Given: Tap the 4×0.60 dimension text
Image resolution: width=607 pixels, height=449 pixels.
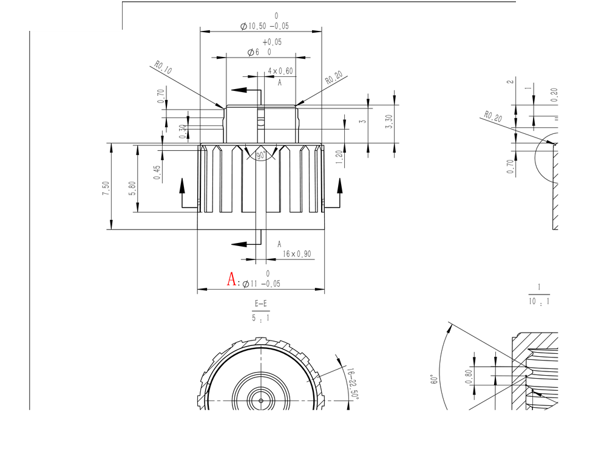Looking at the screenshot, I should [280, 71].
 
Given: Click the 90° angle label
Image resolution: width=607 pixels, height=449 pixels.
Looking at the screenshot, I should [262, 156].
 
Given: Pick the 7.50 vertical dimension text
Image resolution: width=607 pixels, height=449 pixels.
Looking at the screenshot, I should [106, 187].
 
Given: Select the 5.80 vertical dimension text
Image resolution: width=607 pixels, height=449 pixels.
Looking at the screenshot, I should [132, 187].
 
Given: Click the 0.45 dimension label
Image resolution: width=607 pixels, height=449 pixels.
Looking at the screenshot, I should [157, 173].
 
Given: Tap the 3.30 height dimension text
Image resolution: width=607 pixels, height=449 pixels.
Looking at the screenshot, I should [390, 121].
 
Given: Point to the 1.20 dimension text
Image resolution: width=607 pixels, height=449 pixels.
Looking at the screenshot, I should [339, 159].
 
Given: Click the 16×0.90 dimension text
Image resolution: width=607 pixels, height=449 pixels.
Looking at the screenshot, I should [297, 254].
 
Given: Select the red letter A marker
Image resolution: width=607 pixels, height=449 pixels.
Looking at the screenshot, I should [232, 279].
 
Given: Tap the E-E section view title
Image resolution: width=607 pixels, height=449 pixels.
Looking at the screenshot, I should [261, 304].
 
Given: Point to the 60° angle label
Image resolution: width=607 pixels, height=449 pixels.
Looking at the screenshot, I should [434, 379].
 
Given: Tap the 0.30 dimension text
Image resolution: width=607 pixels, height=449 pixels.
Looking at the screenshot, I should [182, 131].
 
